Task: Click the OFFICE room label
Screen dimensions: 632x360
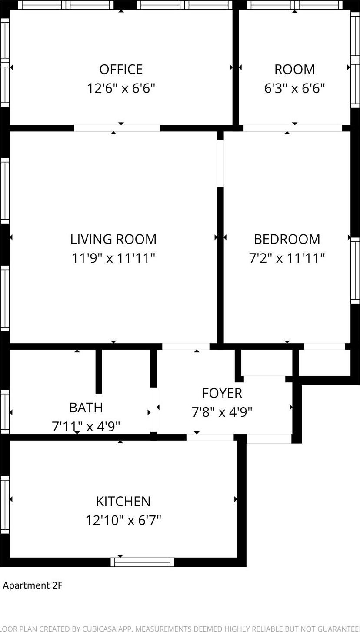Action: tap(121, 70)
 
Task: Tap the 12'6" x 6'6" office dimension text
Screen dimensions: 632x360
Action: tap(121, 88)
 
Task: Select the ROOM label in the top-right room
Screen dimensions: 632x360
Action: tap(294, 70)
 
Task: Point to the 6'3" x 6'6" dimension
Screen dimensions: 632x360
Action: tap(294, 88)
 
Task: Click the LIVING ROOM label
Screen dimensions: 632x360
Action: tap(113, 239)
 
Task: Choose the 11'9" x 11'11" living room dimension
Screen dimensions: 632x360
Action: tap(113, 258)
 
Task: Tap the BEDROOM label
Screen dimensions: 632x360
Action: tap(287, 239)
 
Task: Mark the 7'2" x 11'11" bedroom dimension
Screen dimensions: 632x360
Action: tap(287, 258)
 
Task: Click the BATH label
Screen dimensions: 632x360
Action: tap(86, 408)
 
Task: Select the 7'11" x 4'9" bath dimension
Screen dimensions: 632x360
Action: tap(86, 426)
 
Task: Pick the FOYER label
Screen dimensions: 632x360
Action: tap(222, 393)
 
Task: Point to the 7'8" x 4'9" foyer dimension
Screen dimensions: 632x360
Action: tap(222, 412)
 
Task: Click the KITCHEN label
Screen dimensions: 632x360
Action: tap(123, 501)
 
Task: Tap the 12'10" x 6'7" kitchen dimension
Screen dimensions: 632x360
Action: tap(123, 520)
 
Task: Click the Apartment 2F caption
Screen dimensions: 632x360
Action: tap(33, 585)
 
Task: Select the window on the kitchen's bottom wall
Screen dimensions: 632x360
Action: tap(142, 562)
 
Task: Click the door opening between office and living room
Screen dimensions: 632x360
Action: tap(117, 128)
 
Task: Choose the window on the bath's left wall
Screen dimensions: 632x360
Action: tap(5, 411)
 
